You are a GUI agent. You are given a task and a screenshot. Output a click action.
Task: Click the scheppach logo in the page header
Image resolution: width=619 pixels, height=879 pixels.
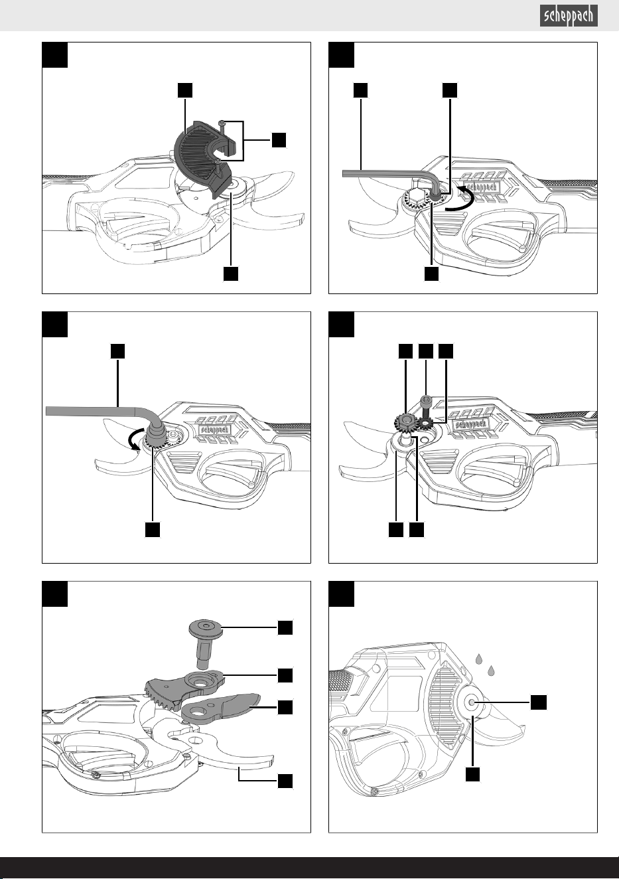pyautogui.click(x=569, y=16)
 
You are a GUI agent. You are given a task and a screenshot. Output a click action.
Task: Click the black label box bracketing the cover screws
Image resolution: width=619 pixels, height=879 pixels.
pyautogui.click(x=279, y=140)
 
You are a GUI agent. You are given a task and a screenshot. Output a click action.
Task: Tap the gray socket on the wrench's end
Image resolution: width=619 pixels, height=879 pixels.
pyautogui.click(x=155, y=434)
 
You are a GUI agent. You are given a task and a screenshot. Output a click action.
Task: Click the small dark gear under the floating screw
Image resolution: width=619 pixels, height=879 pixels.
pyautogui.click(x=425, y=424)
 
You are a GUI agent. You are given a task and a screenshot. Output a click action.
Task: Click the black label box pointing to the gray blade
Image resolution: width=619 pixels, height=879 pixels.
pyautogui.click(x=285, y=707)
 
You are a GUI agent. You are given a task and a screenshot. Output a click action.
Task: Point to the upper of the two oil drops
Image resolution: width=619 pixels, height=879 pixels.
pyautogui.click(x=478, y=659)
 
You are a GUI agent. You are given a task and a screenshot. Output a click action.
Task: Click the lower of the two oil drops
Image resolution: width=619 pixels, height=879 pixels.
pyautogui.click(x=491, y=671)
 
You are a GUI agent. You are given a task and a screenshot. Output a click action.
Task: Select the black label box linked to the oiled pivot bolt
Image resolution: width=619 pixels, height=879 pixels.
pyautogui.click(x=539, y=702)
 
